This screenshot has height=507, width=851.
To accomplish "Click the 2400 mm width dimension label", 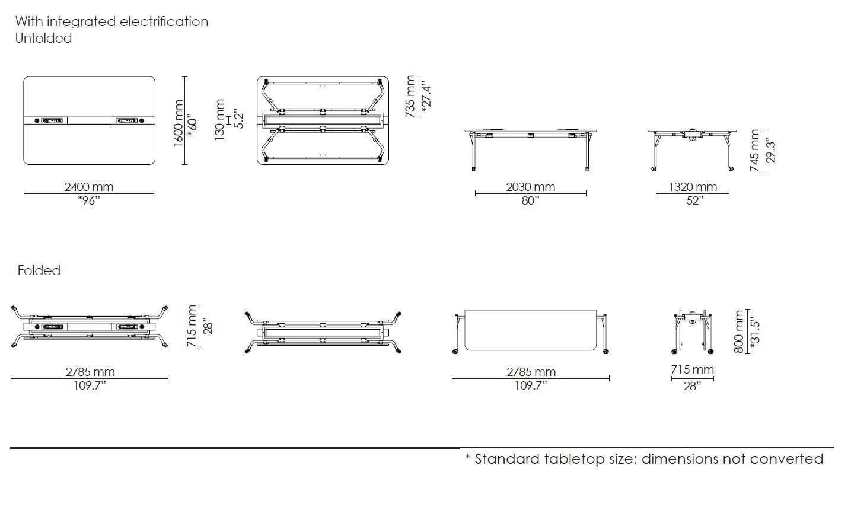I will point(88,187).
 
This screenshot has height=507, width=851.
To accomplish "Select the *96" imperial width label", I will point(88,200).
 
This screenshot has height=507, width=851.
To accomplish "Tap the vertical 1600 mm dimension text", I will point(178,124).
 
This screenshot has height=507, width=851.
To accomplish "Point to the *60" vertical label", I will point(192,124).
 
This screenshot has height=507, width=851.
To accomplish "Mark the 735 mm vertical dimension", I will point(410,97).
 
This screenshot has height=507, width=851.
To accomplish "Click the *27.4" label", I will point(425,97).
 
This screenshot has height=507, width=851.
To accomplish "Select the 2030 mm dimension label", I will point(530,187).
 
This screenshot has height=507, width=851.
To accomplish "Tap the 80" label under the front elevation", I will point(530,200).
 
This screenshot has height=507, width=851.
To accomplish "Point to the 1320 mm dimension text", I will point(693,187).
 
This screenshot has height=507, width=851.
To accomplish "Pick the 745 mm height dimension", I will point(755,151).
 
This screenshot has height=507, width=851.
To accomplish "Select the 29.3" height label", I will point(770,151).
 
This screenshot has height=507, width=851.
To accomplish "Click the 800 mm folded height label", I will point(739,331).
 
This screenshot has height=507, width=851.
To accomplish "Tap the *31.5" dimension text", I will point(754,331).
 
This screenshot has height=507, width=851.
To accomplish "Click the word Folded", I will point(39,270).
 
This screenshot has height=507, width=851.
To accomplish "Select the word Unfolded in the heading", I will point(43,38).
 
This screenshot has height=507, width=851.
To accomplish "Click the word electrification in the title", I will point(164,21).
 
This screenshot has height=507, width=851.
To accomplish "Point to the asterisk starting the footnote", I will point(467,458).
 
